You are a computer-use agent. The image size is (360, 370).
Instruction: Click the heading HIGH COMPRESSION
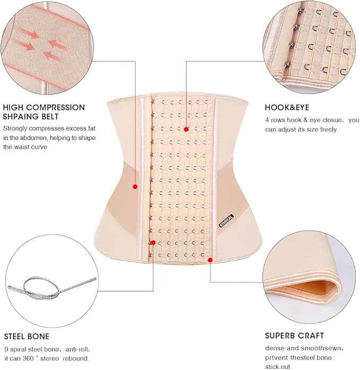click(44, 107)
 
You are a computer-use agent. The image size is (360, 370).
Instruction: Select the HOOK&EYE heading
click(287, 107)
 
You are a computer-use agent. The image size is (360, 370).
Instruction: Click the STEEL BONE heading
click(27, 336)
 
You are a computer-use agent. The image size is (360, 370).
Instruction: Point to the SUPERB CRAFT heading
click(294, 336)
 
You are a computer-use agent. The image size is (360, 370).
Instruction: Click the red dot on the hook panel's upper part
click(187, 128)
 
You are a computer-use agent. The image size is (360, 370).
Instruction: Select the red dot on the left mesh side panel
click(135, 186)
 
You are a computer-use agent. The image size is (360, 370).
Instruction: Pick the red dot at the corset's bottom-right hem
click(210, 260)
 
